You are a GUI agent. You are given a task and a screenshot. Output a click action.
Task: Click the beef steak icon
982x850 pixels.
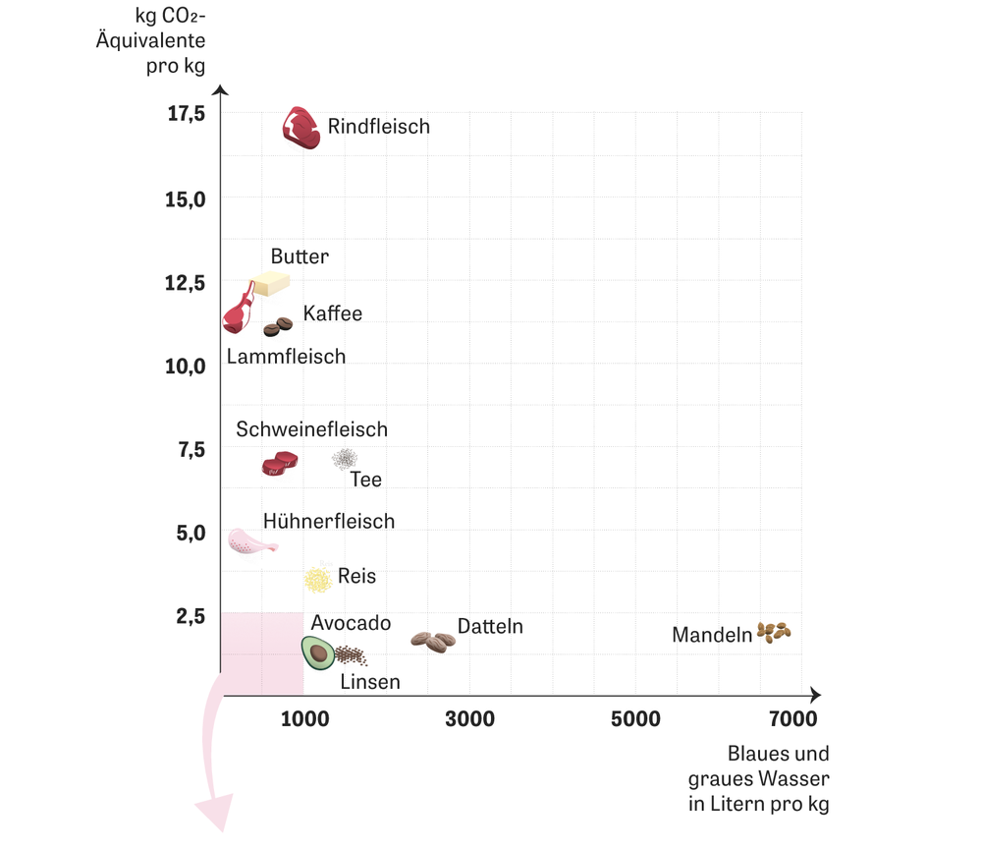pos(301,128)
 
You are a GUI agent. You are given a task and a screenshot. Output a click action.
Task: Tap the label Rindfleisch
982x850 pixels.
pos(378,127)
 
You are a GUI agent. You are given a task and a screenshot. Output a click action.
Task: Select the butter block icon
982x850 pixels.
pos(269,285)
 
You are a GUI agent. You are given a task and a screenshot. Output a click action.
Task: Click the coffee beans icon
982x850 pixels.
pos(278,326)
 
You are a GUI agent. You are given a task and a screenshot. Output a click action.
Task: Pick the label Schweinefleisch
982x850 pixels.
pos(311,429)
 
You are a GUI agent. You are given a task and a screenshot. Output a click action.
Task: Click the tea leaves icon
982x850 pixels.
pos(345,458)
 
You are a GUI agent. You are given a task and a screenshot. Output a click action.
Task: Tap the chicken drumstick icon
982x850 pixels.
pos(250,541)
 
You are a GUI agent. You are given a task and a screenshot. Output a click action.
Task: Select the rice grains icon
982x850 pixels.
pos(318,579)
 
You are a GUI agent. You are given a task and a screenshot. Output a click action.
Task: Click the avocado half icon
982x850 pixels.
pos(317,651)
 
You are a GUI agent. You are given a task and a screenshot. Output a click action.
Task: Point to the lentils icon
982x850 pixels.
pos(351,656)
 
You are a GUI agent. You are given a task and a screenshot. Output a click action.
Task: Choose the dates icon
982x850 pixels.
pos(433,641)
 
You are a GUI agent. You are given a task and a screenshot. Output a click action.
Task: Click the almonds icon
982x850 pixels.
pos(774,632)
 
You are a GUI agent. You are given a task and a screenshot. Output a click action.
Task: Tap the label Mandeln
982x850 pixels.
pos(712,636)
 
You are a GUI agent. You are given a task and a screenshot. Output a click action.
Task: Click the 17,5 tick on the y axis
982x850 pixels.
pos(186,114)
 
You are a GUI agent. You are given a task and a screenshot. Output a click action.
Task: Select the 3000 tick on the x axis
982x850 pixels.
pos(470,719)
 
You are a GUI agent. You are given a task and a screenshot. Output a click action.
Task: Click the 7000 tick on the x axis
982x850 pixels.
pos(792,719)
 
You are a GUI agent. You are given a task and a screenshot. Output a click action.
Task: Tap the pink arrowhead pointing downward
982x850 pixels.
pos(214,815)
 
